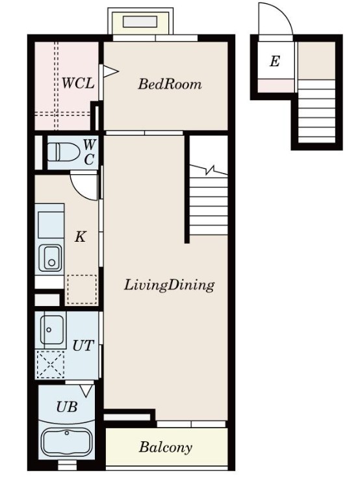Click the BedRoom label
tap(170, 84)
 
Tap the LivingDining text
tap(169, 285)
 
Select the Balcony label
tap(166, 447)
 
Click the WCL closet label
tap(78, 83)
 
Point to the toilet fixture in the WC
tap(62, 152)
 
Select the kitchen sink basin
tap(50, 257)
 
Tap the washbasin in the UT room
tap(52, 329)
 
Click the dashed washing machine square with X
tap(50, 364)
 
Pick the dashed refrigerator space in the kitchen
tap(82, 289)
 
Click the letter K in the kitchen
tap(81, 237)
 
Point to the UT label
tap(83, 346)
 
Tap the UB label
tap(67, 406)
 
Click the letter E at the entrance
tap(274, 62)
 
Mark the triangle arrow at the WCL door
tap(110, 71)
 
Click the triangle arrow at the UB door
tap(86, 391)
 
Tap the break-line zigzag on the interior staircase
tap(209, 170)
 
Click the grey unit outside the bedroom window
tap(140, 22)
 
